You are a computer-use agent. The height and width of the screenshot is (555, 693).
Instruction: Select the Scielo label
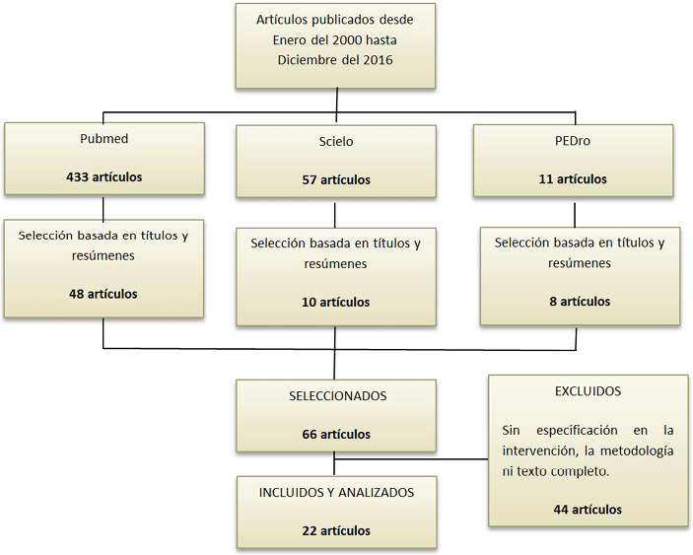[336, 141]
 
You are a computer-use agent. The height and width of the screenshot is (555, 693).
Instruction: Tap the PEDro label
[573, 141]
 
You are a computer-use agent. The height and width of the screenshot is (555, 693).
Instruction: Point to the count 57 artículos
[336, 180]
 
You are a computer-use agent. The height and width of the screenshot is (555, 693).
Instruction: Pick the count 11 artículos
[573, 179]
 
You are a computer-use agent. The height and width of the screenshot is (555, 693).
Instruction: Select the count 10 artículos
[336, 303]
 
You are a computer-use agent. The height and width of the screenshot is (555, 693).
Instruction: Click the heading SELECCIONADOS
[336, 395]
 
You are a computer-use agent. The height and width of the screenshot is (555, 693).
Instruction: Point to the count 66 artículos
[336, 434]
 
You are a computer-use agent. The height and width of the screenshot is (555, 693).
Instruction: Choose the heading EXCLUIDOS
[588, 390]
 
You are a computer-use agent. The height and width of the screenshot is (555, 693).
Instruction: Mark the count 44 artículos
[588, 509]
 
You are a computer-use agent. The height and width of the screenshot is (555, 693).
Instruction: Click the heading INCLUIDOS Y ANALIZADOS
[336, 492]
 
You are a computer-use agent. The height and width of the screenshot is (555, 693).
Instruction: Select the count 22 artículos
[336, 530]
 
